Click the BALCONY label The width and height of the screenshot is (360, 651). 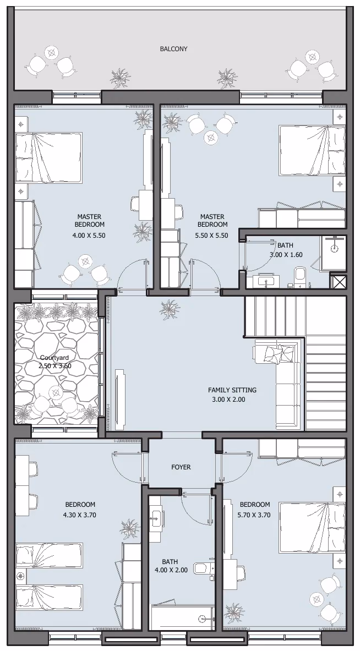point(173,49)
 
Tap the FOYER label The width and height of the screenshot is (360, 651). point(181,467)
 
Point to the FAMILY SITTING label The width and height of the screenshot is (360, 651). point(232,390)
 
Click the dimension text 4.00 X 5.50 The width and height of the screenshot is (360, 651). point(89,235)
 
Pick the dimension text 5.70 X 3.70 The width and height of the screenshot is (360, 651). point(254,515)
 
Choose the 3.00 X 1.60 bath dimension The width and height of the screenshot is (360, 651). point(286,254)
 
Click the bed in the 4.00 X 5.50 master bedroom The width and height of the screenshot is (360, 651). point(48,158)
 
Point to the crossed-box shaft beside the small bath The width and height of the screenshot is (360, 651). point(337,281)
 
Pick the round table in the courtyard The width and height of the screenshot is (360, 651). point(56,392)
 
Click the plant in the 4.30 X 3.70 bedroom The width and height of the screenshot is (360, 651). point(129,528)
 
